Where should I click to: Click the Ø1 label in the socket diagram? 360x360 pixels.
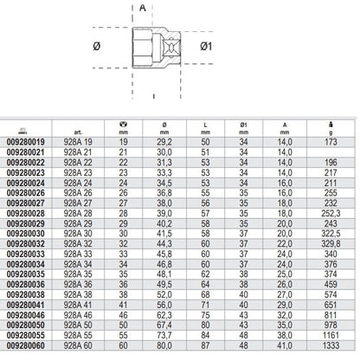pyautogui.click(x=206, y=46)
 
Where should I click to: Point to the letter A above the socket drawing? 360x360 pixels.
pyautogui.click(x=143, y=8)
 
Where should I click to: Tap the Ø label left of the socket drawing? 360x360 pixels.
pyautogui.click(x=97, y=46)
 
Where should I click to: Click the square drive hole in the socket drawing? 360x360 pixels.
pyautogui.click(x=171, y=46)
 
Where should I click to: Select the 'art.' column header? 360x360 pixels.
pyautogui.click(x=78, y=132)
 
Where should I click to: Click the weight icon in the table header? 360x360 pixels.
pyautogui.click(x=331, y=125)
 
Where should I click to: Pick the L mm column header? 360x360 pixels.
pyautogui.click(x=205, y=128)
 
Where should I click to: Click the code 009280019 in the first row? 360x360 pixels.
pyautogui.click(x=26, y=142)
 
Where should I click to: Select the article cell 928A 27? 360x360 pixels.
pyautogui.click(x=78, y=203)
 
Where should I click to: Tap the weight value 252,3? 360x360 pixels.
pyautogui.click(x=331, y=213)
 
